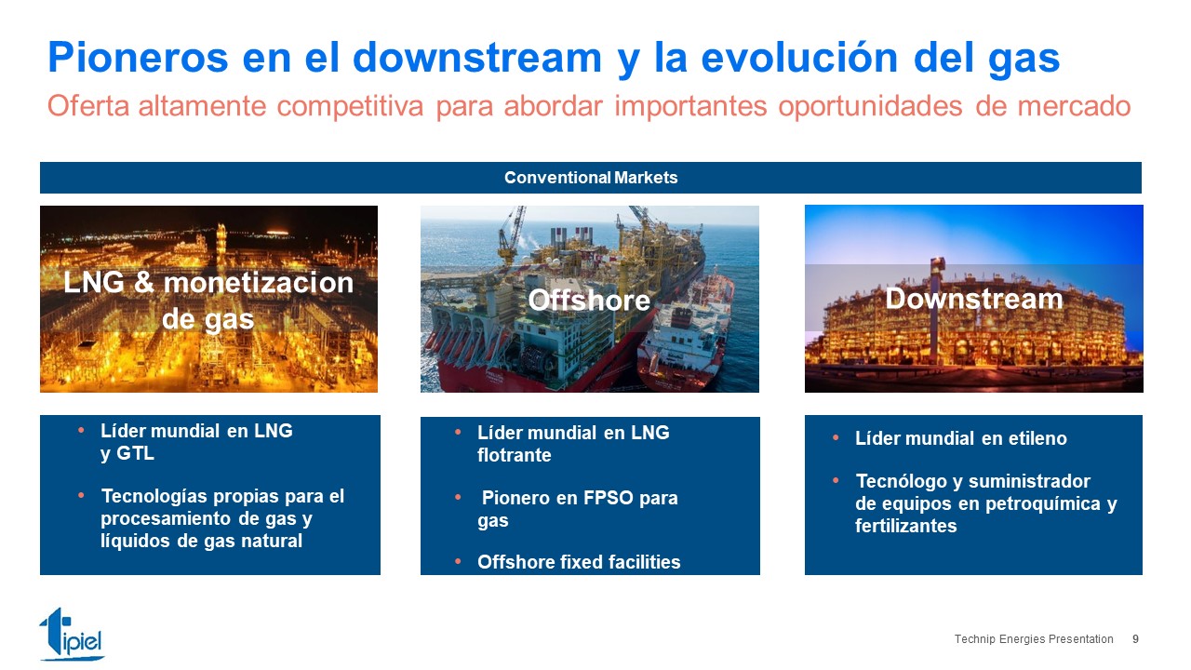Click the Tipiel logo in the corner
tap(72, 634)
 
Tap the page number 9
tap(1135, 639)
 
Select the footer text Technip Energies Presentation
tap(1034, 639)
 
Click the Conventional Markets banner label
tap(591, 178)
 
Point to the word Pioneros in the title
tap(139, 58)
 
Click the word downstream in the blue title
tap(477, 58)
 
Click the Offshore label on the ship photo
tap(589, 301)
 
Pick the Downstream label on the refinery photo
tap(973, 299)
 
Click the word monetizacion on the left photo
tap(259, 282)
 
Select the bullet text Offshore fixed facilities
tap(579, 562)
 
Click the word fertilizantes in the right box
tap(906, 526)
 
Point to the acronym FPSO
tap(609, 498)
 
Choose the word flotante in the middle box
tap(515, 455)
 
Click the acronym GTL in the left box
tap(135, 453)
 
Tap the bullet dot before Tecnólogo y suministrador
tap(836, 481)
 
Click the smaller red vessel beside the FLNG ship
tap(686, 332)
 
